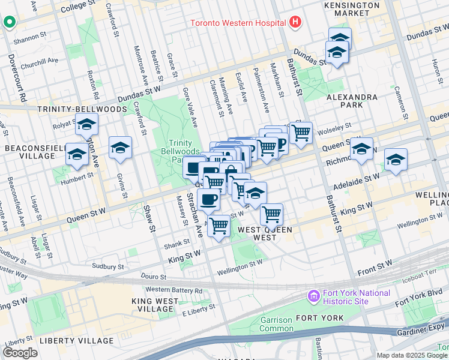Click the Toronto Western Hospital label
(237, 23)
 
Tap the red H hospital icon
(294, 23)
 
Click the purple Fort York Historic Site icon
(313, 296)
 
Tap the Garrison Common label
(276, 325)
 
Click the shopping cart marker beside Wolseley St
(301, 132)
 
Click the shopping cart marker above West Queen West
(272, 214)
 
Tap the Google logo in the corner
(20, 353)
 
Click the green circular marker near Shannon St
(9, 23)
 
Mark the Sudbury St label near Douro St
(107, 266)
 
